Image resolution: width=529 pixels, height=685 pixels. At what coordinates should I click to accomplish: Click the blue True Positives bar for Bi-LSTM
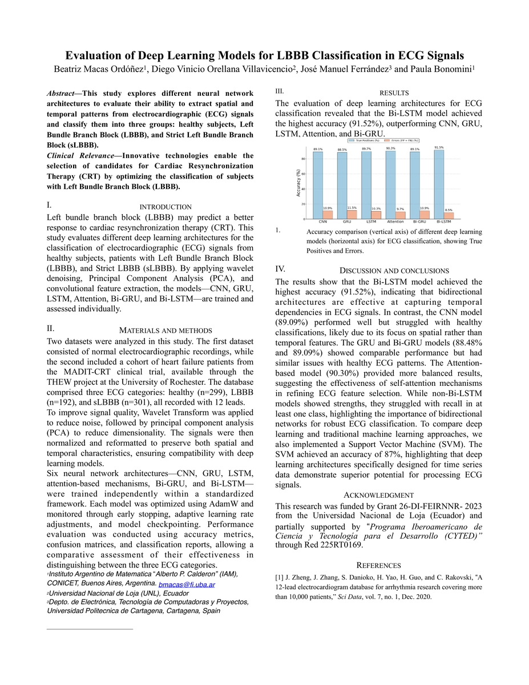[439, 184]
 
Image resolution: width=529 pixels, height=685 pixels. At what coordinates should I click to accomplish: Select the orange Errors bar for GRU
[352, 215]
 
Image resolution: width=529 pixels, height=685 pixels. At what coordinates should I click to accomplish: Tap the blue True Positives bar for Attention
[391, 184]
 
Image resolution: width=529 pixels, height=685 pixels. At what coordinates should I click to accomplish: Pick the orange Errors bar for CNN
[328, 215]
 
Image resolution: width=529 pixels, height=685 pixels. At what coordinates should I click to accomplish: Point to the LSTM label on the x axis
[371, 221]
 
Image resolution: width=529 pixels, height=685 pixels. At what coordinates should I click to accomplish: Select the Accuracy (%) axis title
[298, 183]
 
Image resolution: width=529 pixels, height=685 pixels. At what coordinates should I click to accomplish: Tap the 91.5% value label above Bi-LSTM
[439, 148]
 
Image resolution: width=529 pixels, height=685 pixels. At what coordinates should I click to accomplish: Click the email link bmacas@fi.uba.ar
[187, 585]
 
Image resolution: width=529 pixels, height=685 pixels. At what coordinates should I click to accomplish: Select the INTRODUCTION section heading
[165, 207]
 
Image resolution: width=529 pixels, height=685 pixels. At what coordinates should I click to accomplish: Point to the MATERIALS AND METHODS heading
[165, 331]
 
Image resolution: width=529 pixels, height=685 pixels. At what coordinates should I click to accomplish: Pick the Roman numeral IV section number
[280, 269]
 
